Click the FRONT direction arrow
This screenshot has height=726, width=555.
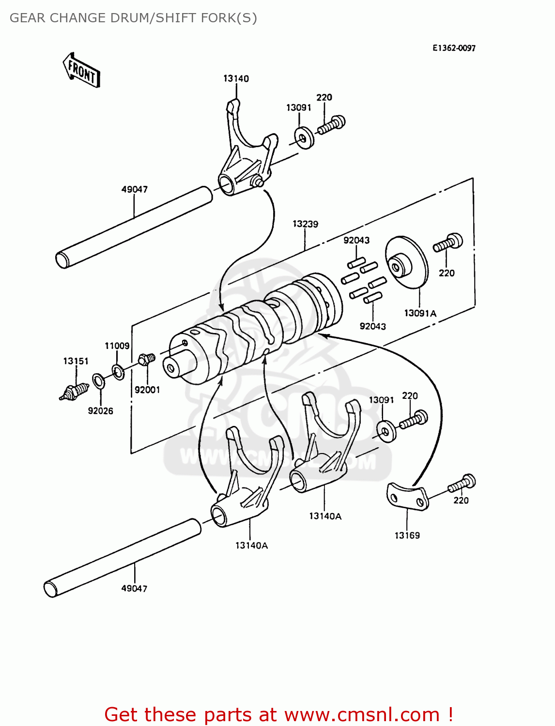coord(81,71)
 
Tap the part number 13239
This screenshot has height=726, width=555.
coord(305,224)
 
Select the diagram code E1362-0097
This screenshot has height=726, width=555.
coord(454,48)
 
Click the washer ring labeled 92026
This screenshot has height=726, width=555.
coord(98,381)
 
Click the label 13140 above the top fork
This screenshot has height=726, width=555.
coord(236,78)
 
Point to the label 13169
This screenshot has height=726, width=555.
coord(407,535)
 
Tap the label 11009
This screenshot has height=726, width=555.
coord(117,346)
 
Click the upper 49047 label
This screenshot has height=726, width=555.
coord(134,189)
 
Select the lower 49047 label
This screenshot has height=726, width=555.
coord(134,589)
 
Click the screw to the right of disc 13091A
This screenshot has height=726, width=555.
coord(448,243)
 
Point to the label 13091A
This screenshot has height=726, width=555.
coord(420,313)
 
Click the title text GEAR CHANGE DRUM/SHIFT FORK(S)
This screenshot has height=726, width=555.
coord(133,18)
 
